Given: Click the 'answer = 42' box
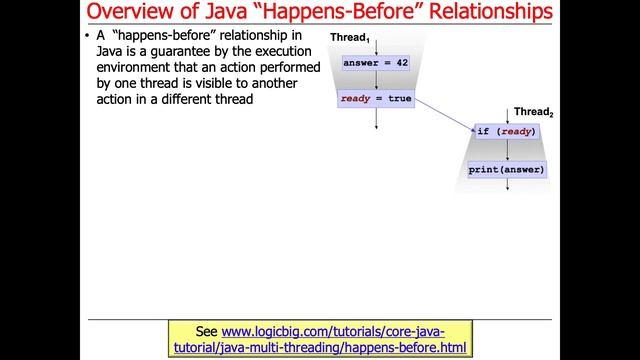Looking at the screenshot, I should [x=375, y=62].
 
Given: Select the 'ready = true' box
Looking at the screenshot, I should [x=375, y=99].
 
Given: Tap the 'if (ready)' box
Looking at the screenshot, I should [x=508, y=131].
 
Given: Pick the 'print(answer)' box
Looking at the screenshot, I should [x=508, y=169].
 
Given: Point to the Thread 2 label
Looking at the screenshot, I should [x=532, y=112].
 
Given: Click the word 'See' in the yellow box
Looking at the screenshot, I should [x=207, y=331].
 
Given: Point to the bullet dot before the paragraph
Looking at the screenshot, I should [x=87, y=38].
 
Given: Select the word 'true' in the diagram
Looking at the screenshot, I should [x=399, y=99].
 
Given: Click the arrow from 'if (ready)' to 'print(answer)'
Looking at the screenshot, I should [x=508, y=150].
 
